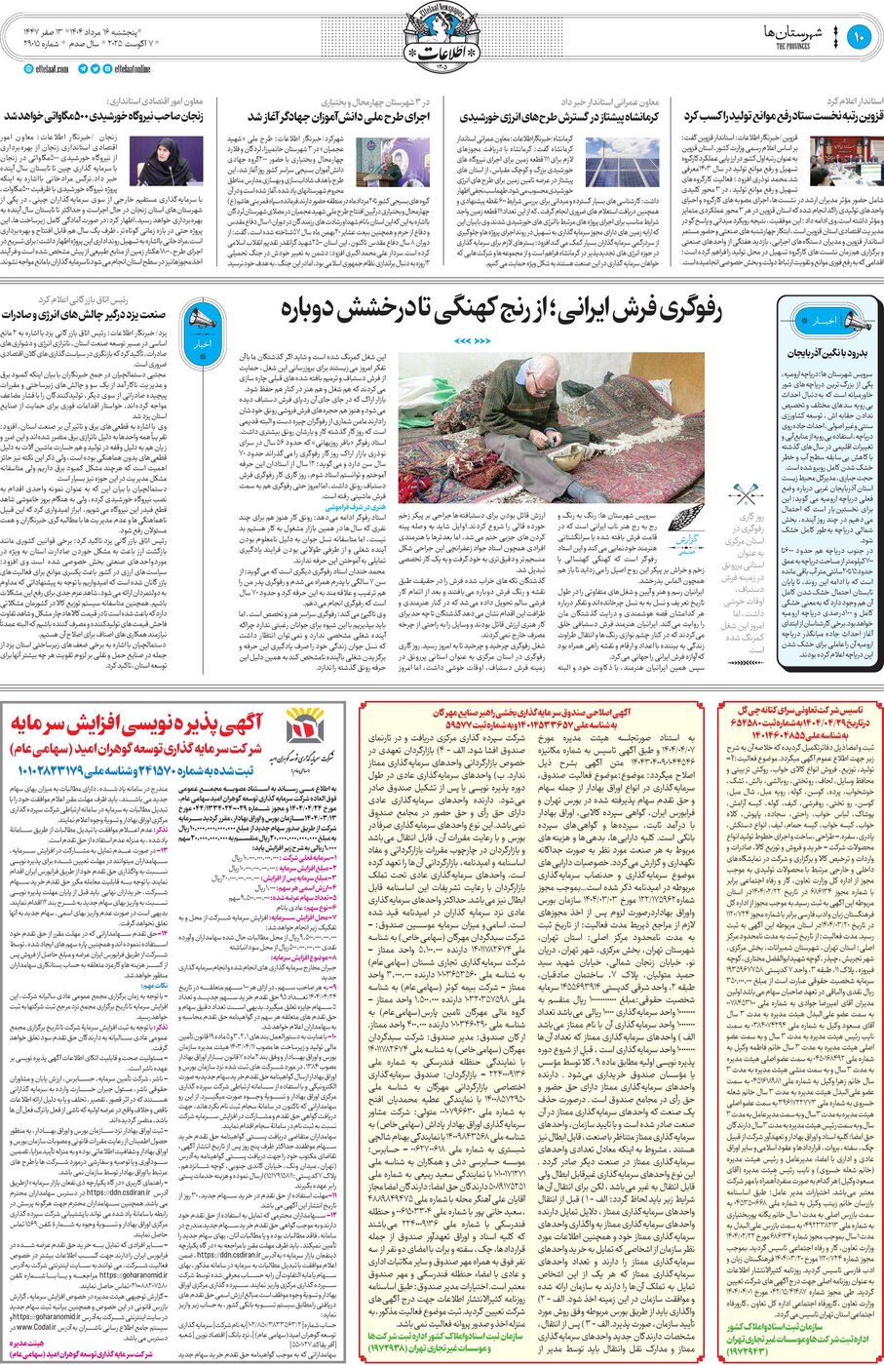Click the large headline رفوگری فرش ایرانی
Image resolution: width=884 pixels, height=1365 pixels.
(x=501, y=310)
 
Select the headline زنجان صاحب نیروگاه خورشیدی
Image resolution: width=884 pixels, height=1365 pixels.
(x=104, y=116)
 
